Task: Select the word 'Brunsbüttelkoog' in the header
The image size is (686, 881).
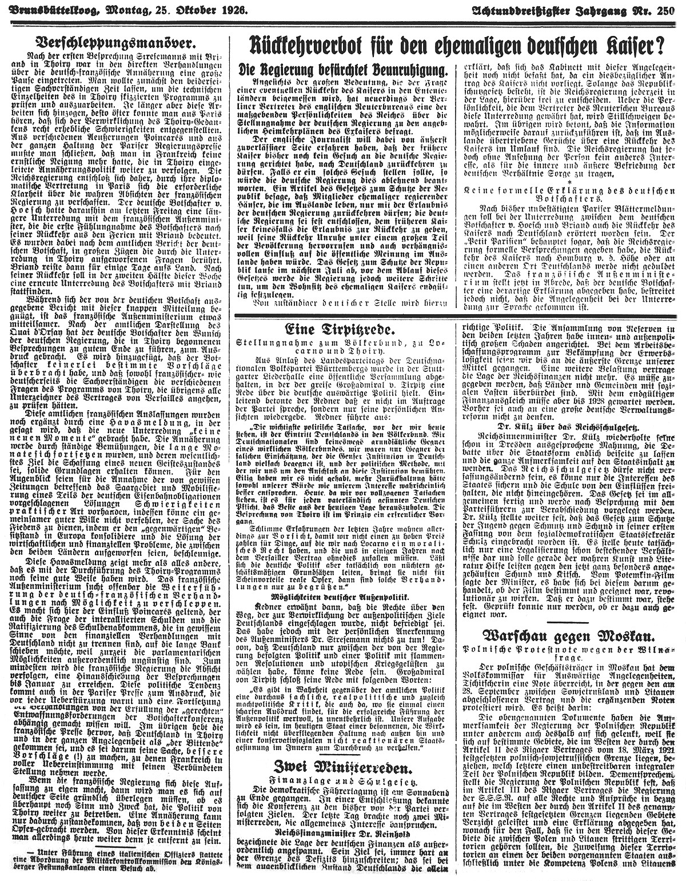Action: (49, 10)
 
